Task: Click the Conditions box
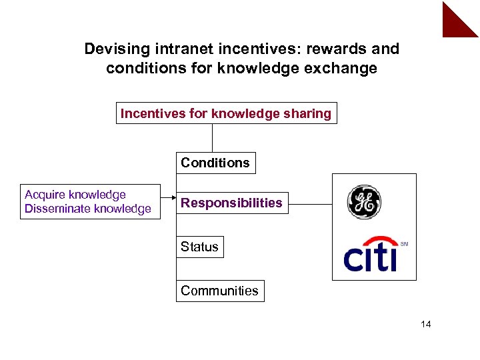pos(215,163)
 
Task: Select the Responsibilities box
pos(231,203)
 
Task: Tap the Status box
pos(199,247)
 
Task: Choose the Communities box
pos(219,291)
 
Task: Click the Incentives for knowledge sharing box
pos(225,113)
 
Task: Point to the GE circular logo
pos(364,202)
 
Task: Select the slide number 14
pos(426,324)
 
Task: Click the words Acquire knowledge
pos(75,195)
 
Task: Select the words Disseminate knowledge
pos(88,209)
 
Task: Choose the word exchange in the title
pos(343,68)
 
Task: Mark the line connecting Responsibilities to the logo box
pos(311,203)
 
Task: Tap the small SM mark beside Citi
pos(404,245)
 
